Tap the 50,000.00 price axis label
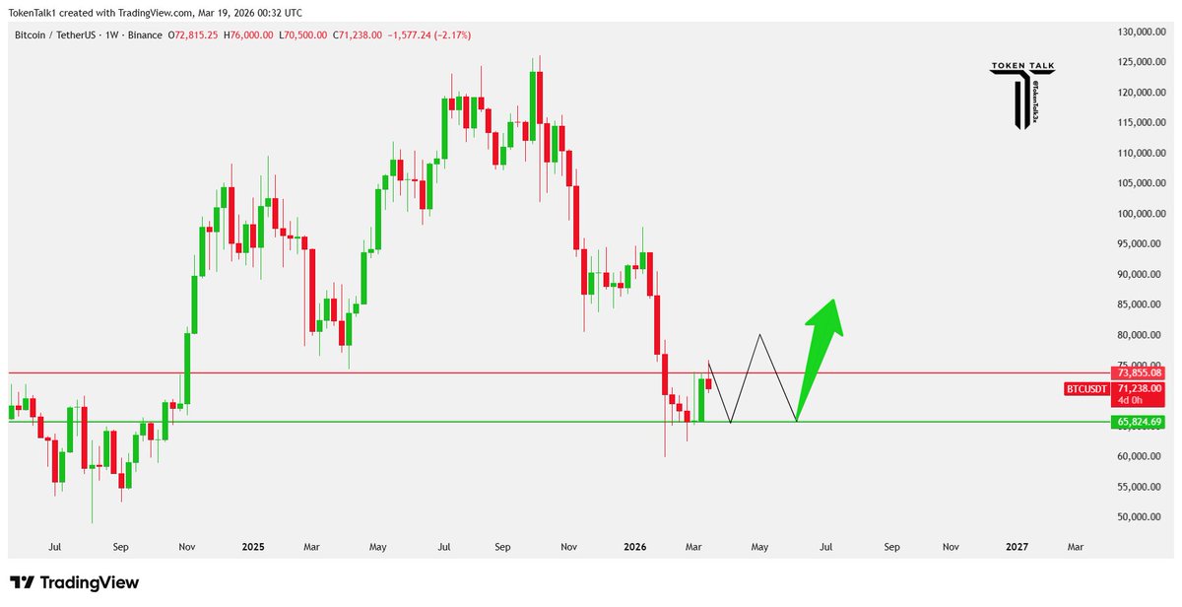pyautogui.click(x=1143, y=516)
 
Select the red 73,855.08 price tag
pyautogui.click(x=1138, y=372)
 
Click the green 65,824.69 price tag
pyautogui.click(x=1138, y=422)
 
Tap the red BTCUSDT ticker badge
pyautogui.click(x=1086, y=389)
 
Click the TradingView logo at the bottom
pyautogui.click(x=74, y=582)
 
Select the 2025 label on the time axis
pyautogui.click(x=253, y=546)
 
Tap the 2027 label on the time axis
pyautogui.click(x=1017, y=546)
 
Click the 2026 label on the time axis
pyautogui.click(x=635, y=546)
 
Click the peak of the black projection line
pyautogui.click(x=759, y=335)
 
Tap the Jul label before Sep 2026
pyautogui.click(x=825, y=546)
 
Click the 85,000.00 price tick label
pyautogui.click(x=1143, y=304)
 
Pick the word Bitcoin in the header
pyautogui.click(x=33, y=35)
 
